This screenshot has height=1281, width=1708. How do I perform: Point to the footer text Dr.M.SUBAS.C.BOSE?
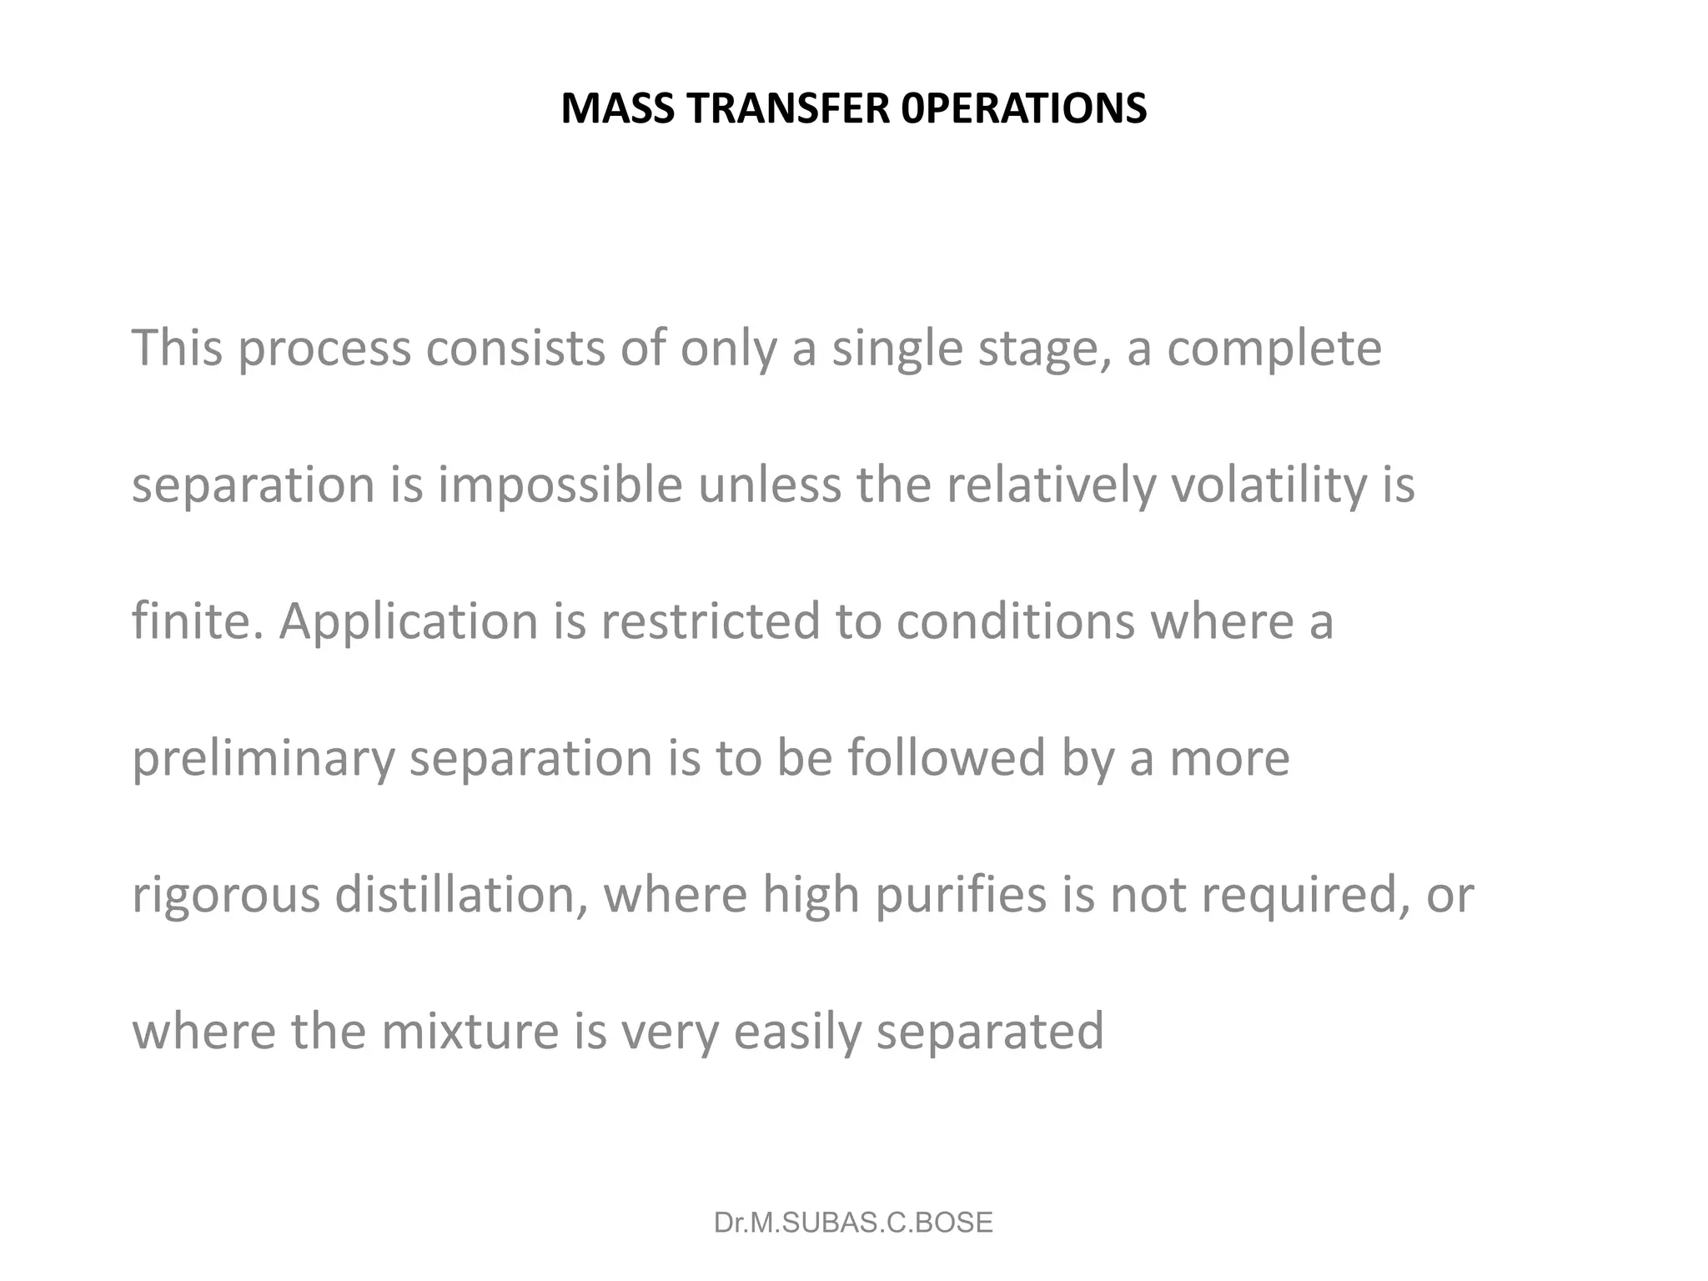(x=853, y=1223)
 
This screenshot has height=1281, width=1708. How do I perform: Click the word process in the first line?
(x=324, y=349)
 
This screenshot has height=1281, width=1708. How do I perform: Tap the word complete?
(x=1273, y=349)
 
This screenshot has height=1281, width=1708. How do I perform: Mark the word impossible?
(x=560, y=485)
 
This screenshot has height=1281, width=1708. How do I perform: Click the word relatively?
(x=1050, y=485)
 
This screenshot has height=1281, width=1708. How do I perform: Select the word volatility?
(x=1266, y=485)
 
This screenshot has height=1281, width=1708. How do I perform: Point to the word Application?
(x=409, y=622)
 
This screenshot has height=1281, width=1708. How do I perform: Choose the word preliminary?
(x=264, y=759)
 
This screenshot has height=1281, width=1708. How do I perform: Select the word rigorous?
(x=226, y=896)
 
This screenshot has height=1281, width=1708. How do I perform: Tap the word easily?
(x=797, y=1032)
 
